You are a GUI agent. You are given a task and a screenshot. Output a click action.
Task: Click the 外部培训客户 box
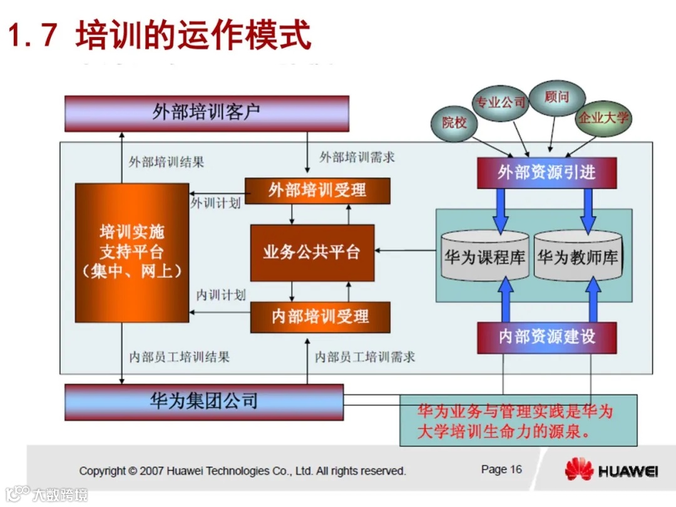pyautogui.click(x=207, y=113)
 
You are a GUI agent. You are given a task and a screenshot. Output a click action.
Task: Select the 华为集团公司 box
pyautogui.click(x=204, y=401)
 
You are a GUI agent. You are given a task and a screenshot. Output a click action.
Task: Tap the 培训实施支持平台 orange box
pyautogui.click(x=132, y=252)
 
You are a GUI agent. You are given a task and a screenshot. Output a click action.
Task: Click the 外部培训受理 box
pyautogui.click(x=317, y=190)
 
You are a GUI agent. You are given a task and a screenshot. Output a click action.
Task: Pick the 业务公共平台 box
pyautogui.click(x=312, y=253)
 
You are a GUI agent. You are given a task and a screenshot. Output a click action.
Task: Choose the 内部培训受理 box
pyautogui.click(x=320, y=317)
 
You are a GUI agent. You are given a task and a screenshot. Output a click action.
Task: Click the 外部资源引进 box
pyautogui.click(x=546, y=173)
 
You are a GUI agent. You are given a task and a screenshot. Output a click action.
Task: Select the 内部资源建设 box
pyautogui.click(x=546, y=337)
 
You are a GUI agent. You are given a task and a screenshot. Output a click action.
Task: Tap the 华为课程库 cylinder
pyautogui.click(x=485, y=257)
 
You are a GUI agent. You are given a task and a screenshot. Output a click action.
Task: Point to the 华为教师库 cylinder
pyautogui.click(x=578, y=257)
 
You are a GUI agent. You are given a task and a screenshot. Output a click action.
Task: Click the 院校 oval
pyautogui.click(x=454, y=123)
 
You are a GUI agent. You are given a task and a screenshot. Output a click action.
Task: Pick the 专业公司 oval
pyautogui.click(x=499, y=103)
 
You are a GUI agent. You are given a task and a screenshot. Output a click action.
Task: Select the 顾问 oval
pyautogui.click(x=556, y=98)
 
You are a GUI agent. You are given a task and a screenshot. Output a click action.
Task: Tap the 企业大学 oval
pyautogui.click(x=603, y=118)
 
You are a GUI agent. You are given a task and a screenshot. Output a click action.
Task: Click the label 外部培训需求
pyautogui.click(x=357, y=157)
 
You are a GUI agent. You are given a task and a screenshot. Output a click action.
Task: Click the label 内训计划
pyautogui.click(x=220, y=295)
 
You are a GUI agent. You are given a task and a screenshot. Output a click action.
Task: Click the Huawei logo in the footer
pyautogui.click(x=610, y=471)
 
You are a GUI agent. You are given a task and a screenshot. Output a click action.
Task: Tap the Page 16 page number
pyautogui.click(x=501, y=469)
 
